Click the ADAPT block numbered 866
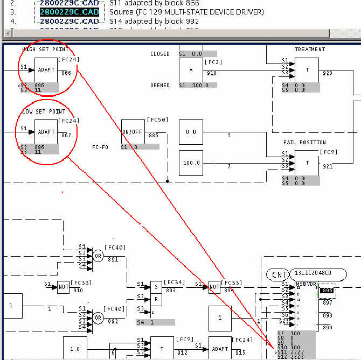pyautogui.click(x=46, y=70)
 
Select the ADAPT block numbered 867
pyautogui.click(x=46, y=131)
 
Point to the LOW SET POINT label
pyautogui.click(x=44, y=111)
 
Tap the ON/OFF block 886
pyautogui.click(x=133, y=131)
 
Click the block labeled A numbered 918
pyautogui.click(x=191, y=70)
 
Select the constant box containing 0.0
pyautogui.click(x=191, y=132)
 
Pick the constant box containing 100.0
pyautogui.click(x=191, y=163)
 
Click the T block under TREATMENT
pyautogui.click(x=307, y=70)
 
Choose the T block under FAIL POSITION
pyautogui.click(x=307, y=163)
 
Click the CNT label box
pyautogui.click(x=279, y=274)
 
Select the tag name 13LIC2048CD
pyautogui.click(x=314, y=273)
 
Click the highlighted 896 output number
pyautogui.click(x=327, y=291)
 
